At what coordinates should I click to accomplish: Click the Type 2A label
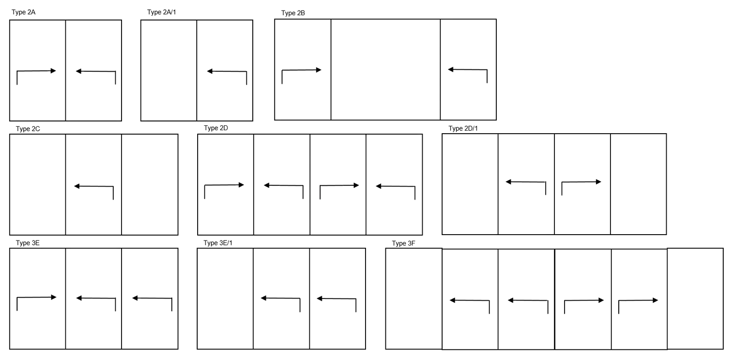pos(23,12)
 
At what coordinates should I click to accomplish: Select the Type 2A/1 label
pos(162,12)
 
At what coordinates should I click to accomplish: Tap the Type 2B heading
pos(293,13)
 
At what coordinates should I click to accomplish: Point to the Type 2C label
pos(28,129)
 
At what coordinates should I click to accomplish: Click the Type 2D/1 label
pos(463,128)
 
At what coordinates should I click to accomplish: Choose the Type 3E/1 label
pos(218,243)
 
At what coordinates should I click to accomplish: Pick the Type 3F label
pos(404,243)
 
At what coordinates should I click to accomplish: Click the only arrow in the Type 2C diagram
pos(94,186)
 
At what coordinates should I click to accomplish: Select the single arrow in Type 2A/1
pos(227,71)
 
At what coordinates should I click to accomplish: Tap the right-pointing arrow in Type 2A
pos(36,71)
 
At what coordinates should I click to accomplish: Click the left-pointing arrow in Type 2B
pos(468,70)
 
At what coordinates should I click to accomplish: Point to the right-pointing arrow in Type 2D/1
pos(581,182)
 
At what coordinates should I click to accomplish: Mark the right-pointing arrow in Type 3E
pos(37,298)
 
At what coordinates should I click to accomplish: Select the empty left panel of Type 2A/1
pos(169,71)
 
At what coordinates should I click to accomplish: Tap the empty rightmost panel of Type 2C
pos(150,184)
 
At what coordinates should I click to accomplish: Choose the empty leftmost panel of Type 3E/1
pos(225,299)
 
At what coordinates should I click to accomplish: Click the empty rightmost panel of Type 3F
pos(695,299)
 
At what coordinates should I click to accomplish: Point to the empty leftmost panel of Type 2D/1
pos(470,184)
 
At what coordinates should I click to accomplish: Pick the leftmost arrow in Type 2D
pos(224,185)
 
